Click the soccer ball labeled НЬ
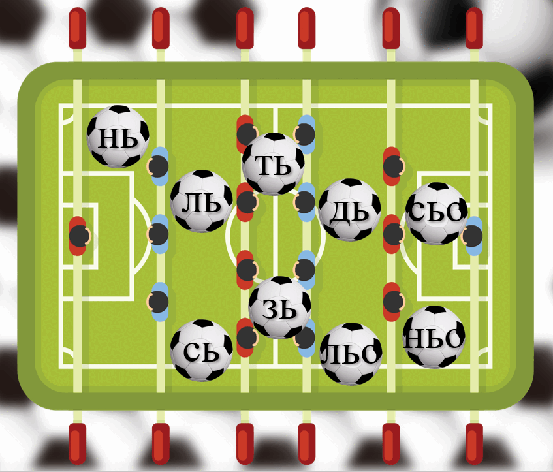118,136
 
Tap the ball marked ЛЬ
201,201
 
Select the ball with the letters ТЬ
274,164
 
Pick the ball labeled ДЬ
350,210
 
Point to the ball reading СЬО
436,213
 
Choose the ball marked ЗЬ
279,307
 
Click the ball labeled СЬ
201,351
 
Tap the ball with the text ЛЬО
351,354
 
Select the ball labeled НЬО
434,338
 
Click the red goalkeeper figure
79,236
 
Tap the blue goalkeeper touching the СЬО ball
473,236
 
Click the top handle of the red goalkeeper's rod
78,28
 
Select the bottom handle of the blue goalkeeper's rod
475,444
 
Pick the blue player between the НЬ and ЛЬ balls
158,166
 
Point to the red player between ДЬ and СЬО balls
393,234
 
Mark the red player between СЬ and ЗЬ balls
247,338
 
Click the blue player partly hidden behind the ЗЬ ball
306,338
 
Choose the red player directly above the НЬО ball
393,302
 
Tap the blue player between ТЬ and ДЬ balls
306,202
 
